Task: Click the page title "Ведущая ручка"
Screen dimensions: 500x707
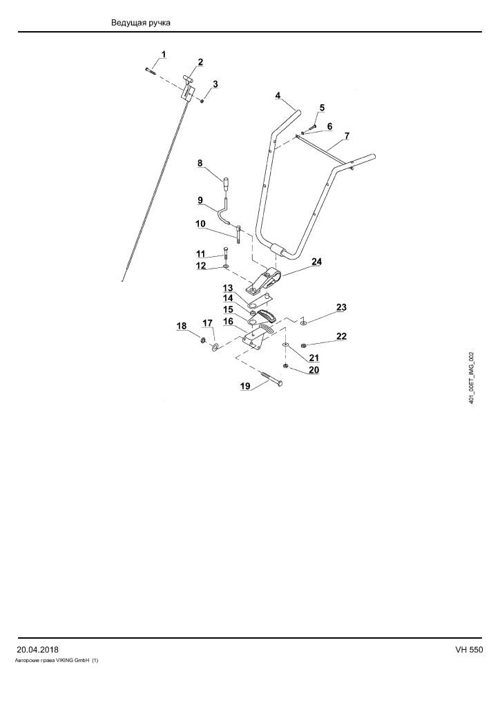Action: click(141, 23)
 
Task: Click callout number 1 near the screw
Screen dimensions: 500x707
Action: click(163, 55)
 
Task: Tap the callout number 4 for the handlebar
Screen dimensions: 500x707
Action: click(278, 95)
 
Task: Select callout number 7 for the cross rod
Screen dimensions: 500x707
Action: click(347, 136)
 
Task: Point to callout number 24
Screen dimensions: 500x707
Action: click(316, 262)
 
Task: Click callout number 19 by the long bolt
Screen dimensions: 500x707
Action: click(244, 386)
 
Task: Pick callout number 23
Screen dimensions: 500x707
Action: click(341, 307)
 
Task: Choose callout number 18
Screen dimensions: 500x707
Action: click(181, 326)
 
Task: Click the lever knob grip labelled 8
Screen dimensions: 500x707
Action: click(226, 184)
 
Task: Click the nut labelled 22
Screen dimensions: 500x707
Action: click(303, 345)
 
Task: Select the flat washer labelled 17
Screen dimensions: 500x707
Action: click(215, 347)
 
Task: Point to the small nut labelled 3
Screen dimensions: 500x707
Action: click(202, 101)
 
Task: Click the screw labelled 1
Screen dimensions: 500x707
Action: click(150, 70)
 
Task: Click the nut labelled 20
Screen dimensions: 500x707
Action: click(285, 365)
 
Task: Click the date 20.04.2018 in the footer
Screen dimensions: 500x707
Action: click(37, 650)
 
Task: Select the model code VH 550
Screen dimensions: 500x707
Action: click(469, 650)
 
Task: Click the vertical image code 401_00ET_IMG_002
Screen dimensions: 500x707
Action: click(471, 378)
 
